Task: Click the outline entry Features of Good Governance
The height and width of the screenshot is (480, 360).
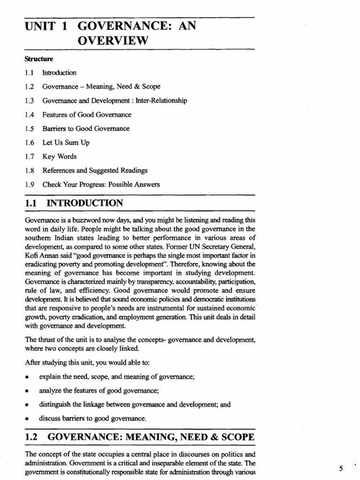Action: click(87, 114)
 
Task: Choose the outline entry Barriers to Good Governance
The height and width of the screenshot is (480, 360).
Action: click(86, 128)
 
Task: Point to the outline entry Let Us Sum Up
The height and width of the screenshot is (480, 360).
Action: click(66, 142)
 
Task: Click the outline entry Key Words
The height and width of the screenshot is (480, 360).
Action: click(60, 157)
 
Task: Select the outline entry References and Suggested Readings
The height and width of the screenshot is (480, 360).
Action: click(95, 171)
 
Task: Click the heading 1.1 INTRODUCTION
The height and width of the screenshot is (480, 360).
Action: click(74, 203)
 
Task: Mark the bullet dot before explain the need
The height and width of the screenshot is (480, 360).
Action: click(29, 376)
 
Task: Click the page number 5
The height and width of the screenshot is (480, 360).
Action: click(341, 468)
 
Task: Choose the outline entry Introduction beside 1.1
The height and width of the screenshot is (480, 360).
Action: click(59, 73)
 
